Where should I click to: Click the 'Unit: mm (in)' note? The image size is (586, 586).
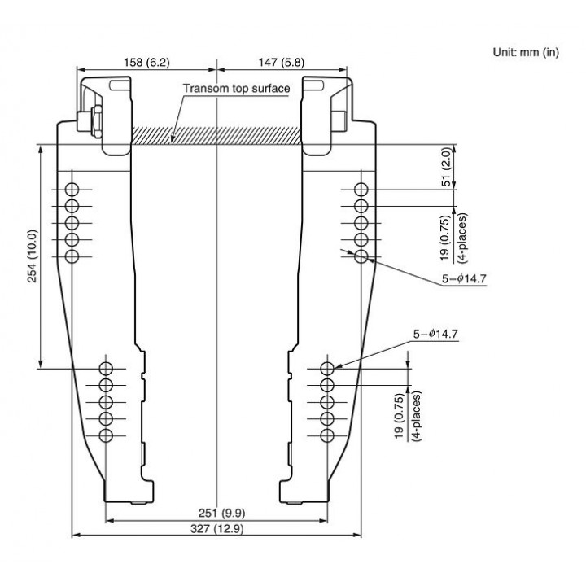click(x=526, y=52)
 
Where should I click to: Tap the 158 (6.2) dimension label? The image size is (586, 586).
click(x=146, y=63)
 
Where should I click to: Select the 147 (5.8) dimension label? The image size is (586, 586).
click(x=282, y=63)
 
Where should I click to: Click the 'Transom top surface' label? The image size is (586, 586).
click(x=236, y=89)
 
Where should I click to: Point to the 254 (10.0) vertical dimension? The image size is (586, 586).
click(x=33, y=256)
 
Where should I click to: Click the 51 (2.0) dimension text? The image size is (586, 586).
click(x=446, y=167)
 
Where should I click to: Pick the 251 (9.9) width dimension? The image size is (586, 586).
click(x=221, y=514)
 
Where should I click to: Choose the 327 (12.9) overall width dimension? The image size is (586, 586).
click(x=216, y=529)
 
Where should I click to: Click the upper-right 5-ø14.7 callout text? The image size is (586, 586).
click(x=464, y=279)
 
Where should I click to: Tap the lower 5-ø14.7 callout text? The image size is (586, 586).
click(x=435, y=335)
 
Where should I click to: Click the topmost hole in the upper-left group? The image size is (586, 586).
click(x=72, y=190)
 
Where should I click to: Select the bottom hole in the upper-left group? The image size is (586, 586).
click(x=72, y=256)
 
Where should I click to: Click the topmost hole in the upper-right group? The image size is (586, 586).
click(x=361, y=190)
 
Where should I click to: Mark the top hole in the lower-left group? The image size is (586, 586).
click(x=106, y=369)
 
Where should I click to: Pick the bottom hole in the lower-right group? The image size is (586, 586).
click(x=327, y=435)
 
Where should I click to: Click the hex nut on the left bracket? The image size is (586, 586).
click(x=97, y=121)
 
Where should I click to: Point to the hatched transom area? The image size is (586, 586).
click(x=216, y=135)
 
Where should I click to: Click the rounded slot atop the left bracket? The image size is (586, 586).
click(x=119, y=85)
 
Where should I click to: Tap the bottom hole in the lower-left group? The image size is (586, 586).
click(x=106, y=435)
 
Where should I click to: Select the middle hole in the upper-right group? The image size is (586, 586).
click(x=361, y=223)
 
